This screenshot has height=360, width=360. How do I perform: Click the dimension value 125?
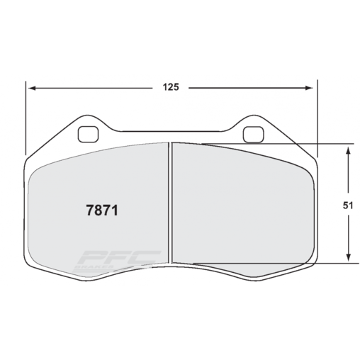(x=170, y=88)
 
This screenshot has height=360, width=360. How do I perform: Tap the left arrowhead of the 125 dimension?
(x=30, y=89)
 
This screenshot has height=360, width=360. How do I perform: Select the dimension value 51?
(x=348, y=205)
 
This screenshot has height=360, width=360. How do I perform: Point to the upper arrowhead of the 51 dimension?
(x=348, y=150)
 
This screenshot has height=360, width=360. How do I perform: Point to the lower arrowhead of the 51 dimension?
(x=348, y=259)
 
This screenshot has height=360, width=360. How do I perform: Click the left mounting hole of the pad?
(x=89, y=133)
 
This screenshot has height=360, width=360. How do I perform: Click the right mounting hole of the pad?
(x=252, y=133)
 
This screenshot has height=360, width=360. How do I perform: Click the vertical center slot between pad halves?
(x=170, y=206)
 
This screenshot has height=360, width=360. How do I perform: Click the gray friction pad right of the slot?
(x=241, y=206)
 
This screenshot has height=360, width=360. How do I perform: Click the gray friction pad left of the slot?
(x=99, y=177)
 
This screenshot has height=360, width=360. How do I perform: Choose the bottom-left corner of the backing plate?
(x=31, y=268)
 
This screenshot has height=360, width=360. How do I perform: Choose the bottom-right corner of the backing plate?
(x=310, y=268)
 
